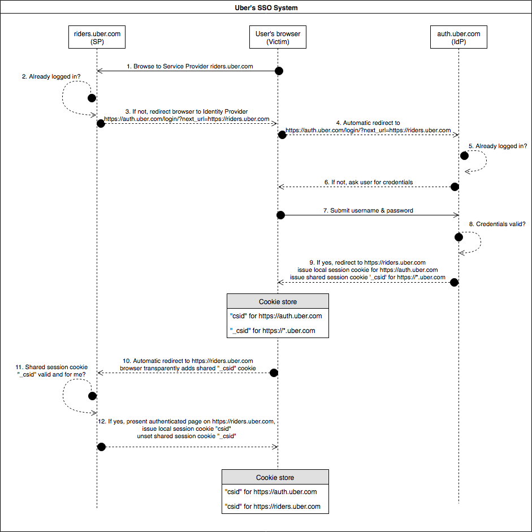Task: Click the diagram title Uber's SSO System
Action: coord(266,7)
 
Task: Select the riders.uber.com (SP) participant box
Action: coord(97,37)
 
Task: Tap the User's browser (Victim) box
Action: coord(278,37)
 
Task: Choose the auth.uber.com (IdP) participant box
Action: coord(459,37)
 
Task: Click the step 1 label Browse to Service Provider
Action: coord(189,66)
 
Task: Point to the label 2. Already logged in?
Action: coord(51,76)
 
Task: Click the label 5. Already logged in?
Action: coord(498,146)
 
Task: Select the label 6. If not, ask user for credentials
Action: coord(369,182)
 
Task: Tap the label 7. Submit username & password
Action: coord(368,210)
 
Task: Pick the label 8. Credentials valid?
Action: coord(497,224)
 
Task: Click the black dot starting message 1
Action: coord(279,71)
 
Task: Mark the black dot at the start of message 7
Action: coord(280,215)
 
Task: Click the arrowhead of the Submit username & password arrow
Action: coord(456,215)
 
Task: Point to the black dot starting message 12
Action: coord(101,447)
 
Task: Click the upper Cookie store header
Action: coord(278,301)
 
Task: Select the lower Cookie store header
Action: coord(275,477)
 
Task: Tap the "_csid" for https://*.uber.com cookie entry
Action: coord(273,331)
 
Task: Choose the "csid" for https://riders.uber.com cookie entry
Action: coord(273,506)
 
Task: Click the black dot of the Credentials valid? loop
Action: coord(459,237)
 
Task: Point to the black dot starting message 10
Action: coord(274,373)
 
